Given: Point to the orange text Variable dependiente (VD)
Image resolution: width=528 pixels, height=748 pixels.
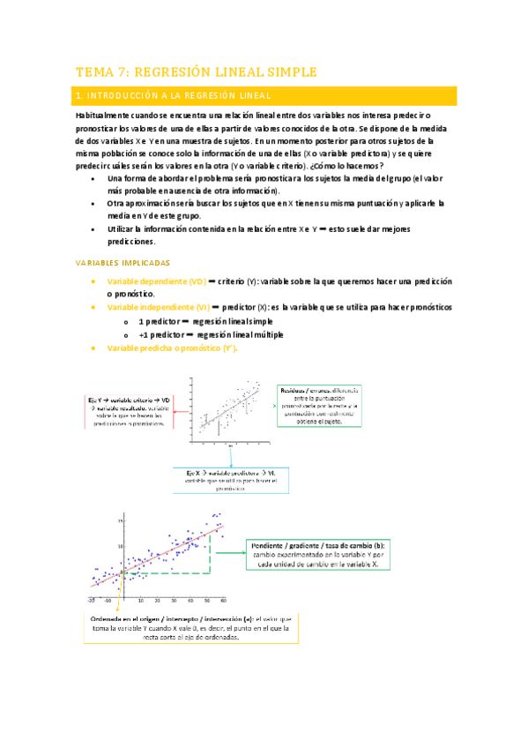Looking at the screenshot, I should pos(155,280).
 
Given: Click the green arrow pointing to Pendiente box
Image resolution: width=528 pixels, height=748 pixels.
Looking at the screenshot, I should pos(232,554).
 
